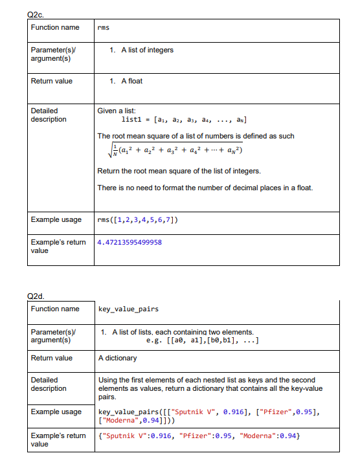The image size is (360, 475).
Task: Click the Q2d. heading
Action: pos(36,296)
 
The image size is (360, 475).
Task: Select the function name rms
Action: pos(103,28)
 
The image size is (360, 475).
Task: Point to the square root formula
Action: pos(170,151)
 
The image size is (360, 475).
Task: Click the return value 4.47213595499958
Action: pos(129,243)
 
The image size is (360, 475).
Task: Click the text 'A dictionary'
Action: pos(117,358)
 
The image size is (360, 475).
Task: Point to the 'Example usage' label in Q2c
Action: pos(56,219)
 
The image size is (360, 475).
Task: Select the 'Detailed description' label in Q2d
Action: pos(49,384)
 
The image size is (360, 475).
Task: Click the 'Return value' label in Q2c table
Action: pos(52,81)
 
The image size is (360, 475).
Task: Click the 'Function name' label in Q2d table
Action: pos(55,309)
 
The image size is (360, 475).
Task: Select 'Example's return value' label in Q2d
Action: pos(58,439)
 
